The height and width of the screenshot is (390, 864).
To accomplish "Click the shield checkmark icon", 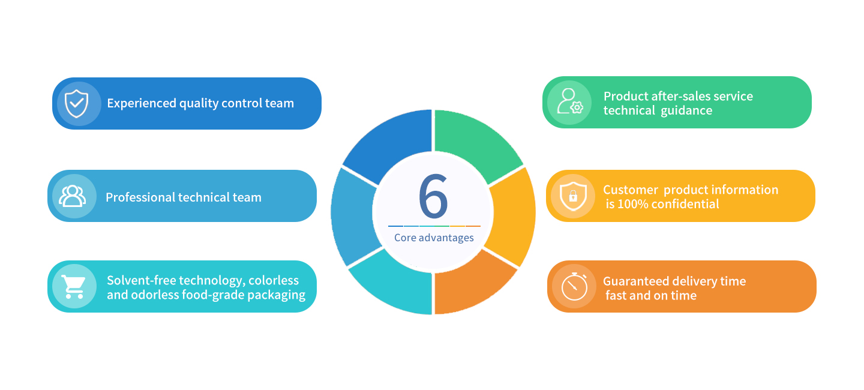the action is tap(76, 103).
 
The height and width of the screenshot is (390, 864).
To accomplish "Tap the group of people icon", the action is tap(72, 196).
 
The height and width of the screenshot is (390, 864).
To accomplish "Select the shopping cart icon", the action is tap(74, 287).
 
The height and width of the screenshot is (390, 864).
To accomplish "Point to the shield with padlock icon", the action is tap(573, 196).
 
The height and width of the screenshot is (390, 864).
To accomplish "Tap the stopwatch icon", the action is tap(574, 287).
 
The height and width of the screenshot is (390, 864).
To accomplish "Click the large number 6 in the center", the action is tap(434, 196).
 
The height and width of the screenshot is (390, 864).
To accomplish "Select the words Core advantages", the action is tap(434, 238).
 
